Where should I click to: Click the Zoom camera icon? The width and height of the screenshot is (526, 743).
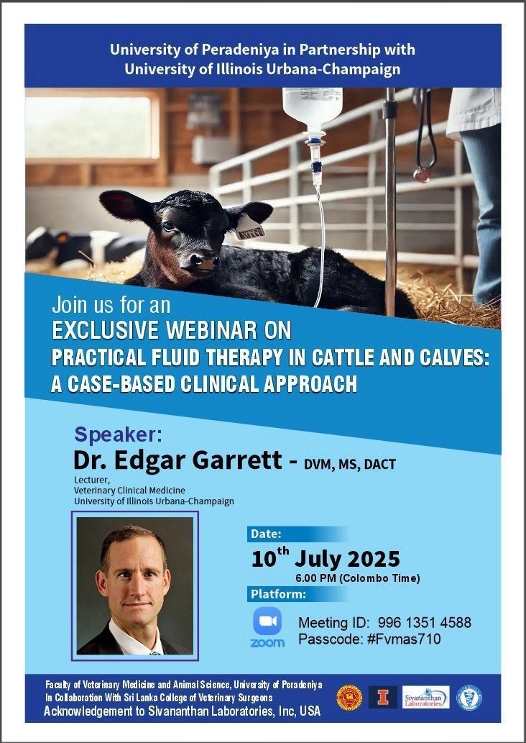click(x=267, y=621)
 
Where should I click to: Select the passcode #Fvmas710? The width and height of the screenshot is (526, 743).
click(x=404, y=639)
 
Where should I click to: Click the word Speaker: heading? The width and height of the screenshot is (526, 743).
click(x=119, y=434)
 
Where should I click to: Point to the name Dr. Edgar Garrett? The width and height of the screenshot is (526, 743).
click(x=178, y=460)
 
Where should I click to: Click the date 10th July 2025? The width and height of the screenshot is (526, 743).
click(x=326, y=557)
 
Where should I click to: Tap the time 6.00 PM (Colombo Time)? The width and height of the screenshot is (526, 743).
click(x=357, y=578)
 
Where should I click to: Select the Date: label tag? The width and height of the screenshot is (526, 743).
click(x=266, y=534)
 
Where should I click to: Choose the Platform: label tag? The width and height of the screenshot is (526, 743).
click(x=278, y=594)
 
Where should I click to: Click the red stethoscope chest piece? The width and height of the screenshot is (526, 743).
click(x=421, y=175)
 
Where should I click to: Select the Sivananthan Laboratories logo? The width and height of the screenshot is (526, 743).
click(x=425, y=697)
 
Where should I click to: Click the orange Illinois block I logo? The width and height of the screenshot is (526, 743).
click(x=383, y=697)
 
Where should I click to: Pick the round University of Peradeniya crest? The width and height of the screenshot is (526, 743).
click(x=349, y=698)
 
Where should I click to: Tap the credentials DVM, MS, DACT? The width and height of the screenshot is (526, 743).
click(x=350, y=465)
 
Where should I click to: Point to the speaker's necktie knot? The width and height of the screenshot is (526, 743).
click(x=153, y=652)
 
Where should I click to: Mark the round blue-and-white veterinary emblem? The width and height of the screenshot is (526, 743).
click(x=469, y=698)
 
